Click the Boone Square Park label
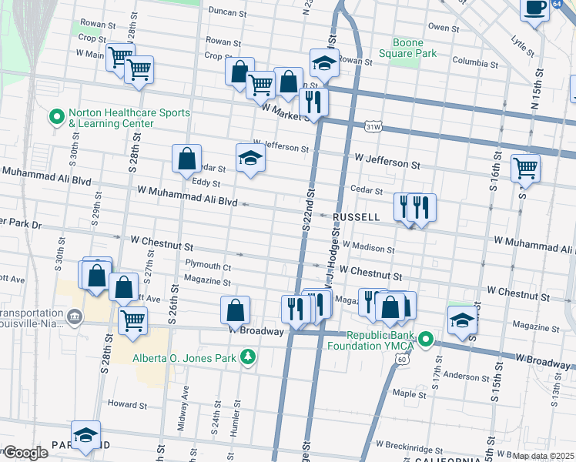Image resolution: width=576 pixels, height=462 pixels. [407, 48]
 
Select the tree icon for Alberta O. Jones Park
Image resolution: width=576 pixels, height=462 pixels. [248, 357]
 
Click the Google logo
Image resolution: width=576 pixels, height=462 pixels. [25, 453]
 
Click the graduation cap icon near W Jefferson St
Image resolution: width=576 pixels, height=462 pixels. [250, 159]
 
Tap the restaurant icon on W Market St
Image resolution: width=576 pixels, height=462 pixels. [313, 102]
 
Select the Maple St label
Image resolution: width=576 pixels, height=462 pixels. [410, 393]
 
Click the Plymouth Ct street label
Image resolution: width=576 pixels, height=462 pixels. [208, 266]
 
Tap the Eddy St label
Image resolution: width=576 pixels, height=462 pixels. [206, 183]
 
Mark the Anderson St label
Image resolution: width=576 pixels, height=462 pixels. [461, 377]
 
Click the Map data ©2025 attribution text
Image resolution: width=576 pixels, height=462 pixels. [542, 456]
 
